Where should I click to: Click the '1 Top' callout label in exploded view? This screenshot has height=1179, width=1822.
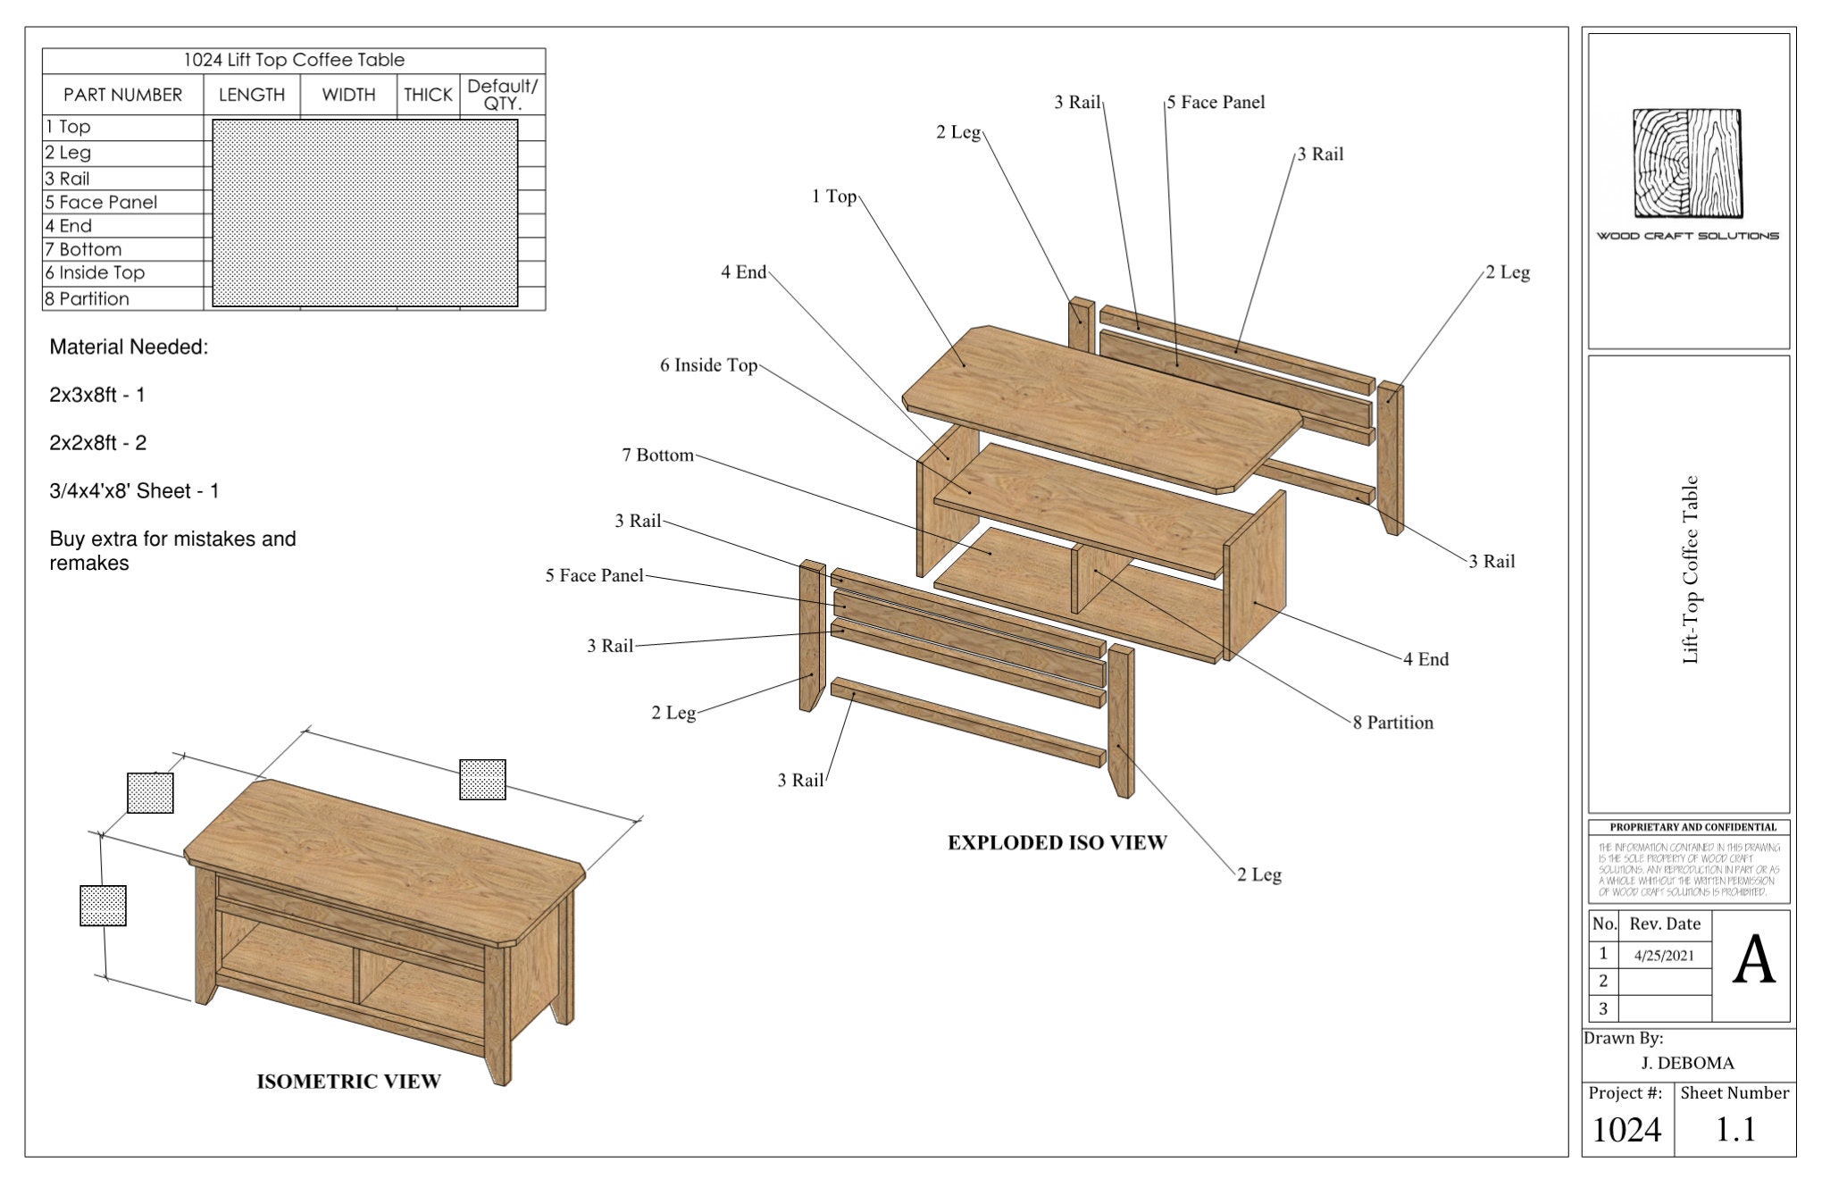(833, 196)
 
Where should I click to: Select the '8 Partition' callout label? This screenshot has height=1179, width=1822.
(1392, 723)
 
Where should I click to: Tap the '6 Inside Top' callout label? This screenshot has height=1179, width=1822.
(708, 365)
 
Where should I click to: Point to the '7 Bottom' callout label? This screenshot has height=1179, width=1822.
(657, 456)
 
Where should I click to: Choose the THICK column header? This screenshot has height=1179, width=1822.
(428, 95)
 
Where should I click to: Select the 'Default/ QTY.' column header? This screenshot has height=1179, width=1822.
(502, 95)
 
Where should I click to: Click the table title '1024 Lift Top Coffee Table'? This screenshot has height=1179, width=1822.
(294, 60)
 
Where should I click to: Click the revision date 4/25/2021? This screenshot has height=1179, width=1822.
(1664, 956)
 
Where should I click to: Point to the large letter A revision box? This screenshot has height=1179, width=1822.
(1752, 963)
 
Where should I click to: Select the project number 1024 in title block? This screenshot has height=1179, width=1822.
(1626, 1130)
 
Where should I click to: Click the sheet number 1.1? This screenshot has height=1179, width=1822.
(1734, 1130)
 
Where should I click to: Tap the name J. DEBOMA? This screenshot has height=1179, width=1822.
(1687, 1063)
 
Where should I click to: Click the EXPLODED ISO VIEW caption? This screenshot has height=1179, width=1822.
(1057, 842)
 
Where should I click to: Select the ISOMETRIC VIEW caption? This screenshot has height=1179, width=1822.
(348, 1082)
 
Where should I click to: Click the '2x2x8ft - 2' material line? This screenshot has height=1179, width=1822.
(98, 443)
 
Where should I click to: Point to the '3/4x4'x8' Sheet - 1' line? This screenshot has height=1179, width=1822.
(134, 491)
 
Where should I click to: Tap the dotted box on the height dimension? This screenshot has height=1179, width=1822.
(103, 906)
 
